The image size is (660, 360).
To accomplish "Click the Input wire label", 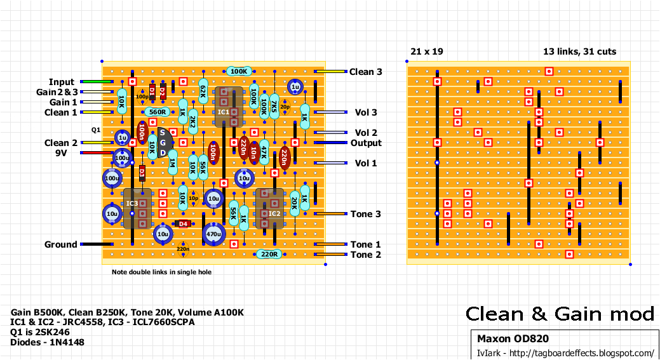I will pyautogui.click(x=62, y=82).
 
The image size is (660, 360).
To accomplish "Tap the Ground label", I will pyautogui.click(x=60, y=244).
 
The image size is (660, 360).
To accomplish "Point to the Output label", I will pyautogui.click(x=366, y=143).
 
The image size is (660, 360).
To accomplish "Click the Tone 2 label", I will pyautogui.click(x=365, y=255).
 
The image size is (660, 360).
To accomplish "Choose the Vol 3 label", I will pyautogui.click(x=365, y=112).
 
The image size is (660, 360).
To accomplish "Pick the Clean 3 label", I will pyautogui.click(x=365, y=72).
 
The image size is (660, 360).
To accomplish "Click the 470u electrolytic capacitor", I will pyautogui.click(x=213, y=234).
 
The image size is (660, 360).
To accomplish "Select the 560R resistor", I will pyautogui.click(x=156, y=112).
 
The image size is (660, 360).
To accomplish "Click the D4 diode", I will pyautogui.click(x=183, y=223).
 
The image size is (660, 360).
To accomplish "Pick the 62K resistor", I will pyautogui.click(x=203, y=91).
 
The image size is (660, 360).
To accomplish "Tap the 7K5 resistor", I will pyautogui.click(x=274, y=103).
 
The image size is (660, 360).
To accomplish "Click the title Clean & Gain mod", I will pyautogui.click(x=560, y=314).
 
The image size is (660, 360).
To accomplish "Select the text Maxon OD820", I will pyautogui.click(x=513, y=339).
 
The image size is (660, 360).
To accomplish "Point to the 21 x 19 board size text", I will pyautogui.click(x=427, y=51).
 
